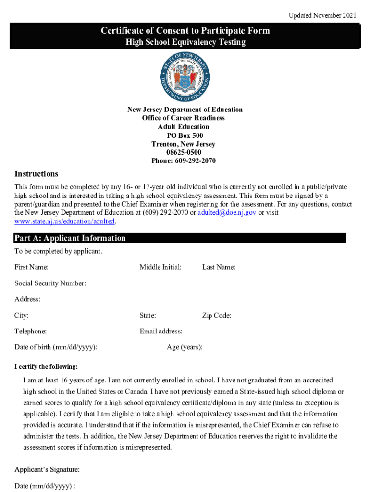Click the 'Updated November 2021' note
(322, 16)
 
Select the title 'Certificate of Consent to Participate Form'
(185, 31)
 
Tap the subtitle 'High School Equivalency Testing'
(185, 42)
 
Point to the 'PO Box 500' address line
(185, 135)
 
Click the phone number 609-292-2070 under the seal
(185, 161)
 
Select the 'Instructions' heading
(37, 173)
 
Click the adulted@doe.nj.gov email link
(227, 213)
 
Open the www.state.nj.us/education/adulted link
(65, 221)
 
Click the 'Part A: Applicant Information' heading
(70, 238)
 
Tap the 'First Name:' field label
(31, 267)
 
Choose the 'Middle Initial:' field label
(160, 267)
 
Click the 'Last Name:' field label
(219, 267)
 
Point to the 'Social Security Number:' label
(50, 283)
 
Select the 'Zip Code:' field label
(217, 316)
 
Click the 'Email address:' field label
(161, 331)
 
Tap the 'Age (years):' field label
(185, 347)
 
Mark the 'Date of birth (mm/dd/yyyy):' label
(56, 347)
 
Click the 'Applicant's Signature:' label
(47, 469)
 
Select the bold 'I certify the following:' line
(46, 367)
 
